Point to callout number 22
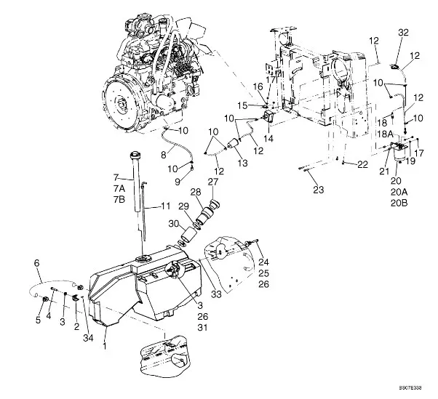point(362,164)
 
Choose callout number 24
point(264,263)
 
